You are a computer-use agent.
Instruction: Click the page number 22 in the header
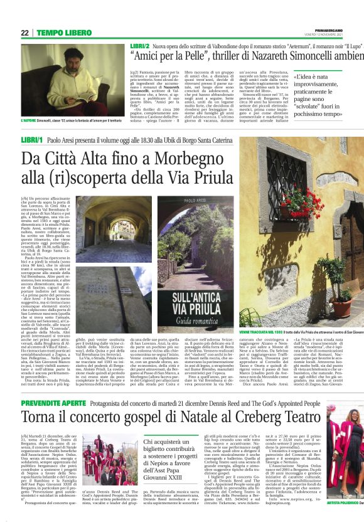click(x=25, y=33)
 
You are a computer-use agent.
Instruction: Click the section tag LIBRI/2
click(x=139, y=46)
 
